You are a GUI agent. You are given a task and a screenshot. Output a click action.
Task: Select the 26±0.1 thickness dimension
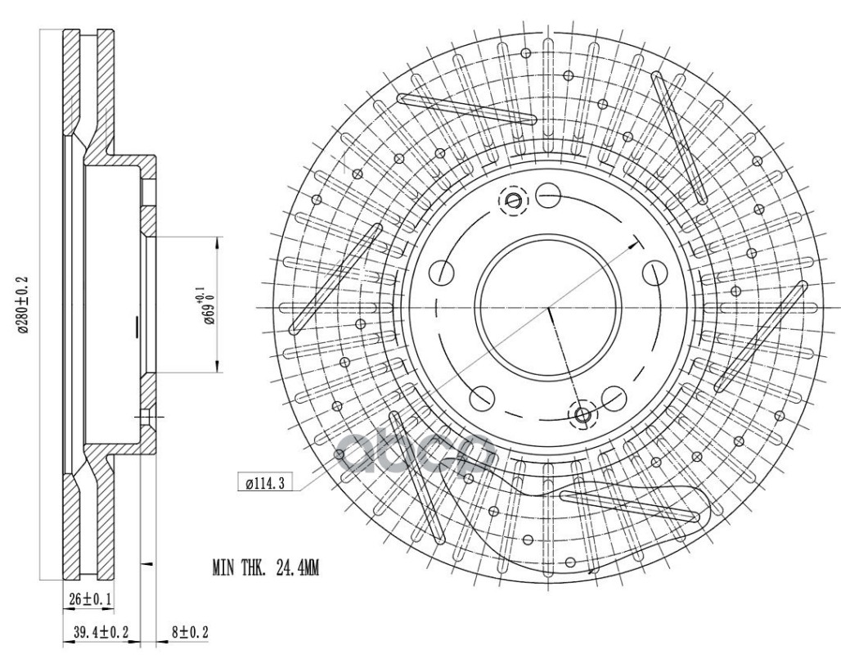(89, 600)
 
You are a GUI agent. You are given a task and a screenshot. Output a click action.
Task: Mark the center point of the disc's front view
(548, 307)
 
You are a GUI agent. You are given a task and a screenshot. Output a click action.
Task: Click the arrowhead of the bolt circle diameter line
(635, 241)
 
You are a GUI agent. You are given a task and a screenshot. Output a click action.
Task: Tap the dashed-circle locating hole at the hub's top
(513, 200)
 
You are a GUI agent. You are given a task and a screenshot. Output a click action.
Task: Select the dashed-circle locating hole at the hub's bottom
(583, 415)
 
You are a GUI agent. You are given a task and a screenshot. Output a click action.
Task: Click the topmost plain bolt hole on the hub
(548, 196)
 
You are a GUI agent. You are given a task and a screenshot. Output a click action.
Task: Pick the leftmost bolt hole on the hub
(443, 272)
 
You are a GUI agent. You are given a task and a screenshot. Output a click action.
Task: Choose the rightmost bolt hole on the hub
(654, 272)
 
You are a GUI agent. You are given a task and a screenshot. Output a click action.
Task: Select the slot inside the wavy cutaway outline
(629, 505)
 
